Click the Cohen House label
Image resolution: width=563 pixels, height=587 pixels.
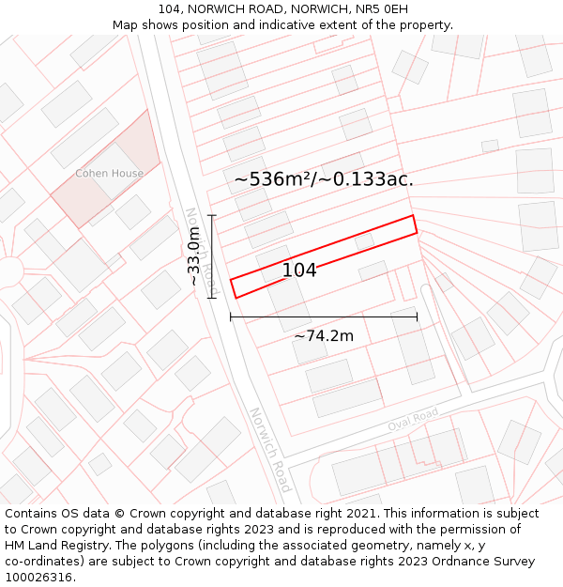pyautogui.click(x=110, y=174)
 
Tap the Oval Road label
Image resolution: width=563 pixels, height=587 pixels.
pyautogui.click(x=413, y=421)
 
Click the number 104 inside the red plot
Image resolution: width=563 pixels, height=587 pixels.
pyautogui.click(x=299, y=270)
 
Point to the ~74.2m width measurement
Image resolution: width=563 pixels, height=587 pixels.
pyautogui.click(x=324, y=336)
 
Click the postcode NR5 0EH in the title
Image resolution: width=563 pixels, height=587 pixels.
pyautogui.click(x=384, y=8)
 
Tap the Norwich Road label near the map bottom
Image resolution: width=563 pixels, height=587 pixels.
pyautogui.click(x=269, y=450)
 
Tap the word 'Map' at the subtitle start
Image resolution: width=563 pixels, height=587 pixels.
pyautogui.click(x=126, y=24)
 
